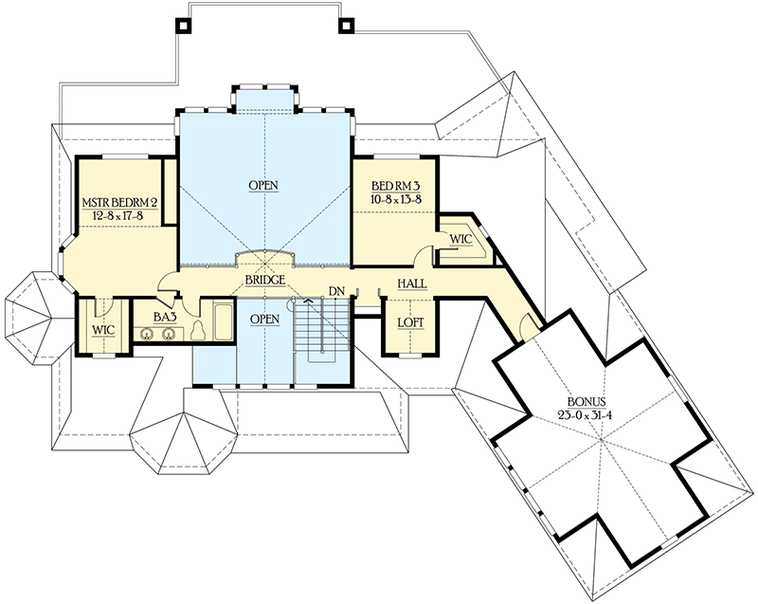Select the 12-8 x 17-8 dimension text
pyautogui.click(x=117, y=215)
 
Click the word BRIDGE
pyautogui.click(x=264, y=282)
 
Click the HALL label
pyautogui.click(x=411, y=284)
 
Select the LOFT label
pyautogui.click(x=411, y=323)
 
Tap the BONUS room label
pyautogui.click(x=586, y=402)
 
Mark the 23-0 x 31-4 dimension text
pyautogui.click(x=586, y=416)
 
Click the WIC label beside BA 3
pyautogui.click(x=103, y=329)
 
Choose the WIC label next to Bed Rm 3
pyautogui.click(x=460, y=239)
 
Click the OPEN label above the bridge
pyautogui.click(x=264, y=185)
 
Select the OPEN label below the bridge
pyautogui.click(x=264, y=320)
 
